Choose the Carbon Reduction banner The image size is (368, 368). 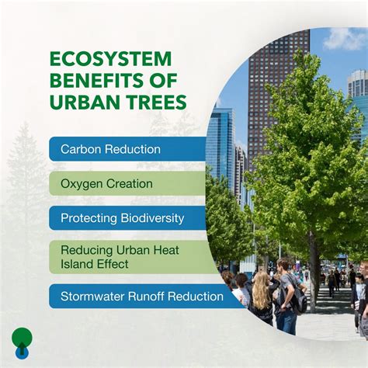pos(128,149)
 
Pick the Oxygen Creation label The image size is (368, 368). pos(128,184)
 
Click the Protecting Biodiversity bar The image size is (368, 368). pos(128,218)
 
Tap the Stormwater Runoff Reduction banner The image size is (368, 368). pos(144,296)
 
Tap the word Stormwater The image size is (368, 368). pos(93,296)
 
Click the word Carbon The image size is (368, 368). pos(81,149)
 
